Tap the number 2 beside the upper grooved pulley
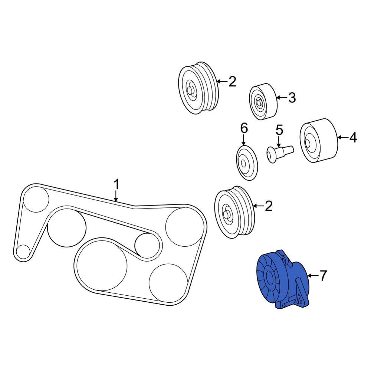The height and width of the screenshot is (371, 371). click(232, 82)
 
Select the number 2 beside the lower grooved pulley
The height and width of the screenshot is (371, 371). click(268, 206)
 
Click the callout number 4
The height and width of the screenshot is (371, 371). click(353, 138)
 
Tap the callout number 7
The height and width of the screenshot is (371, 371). click(323, 276)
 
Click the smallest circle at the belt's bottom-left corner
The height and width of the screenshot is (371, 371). click(23, 251)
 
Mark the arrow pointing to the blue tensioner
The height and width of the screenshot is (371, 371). click(312, 276)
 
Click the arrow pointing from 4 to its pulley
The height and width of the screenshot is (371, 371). click(342, 138)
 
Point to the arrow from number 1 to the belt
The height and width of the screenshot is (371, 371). click(116, 196)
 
